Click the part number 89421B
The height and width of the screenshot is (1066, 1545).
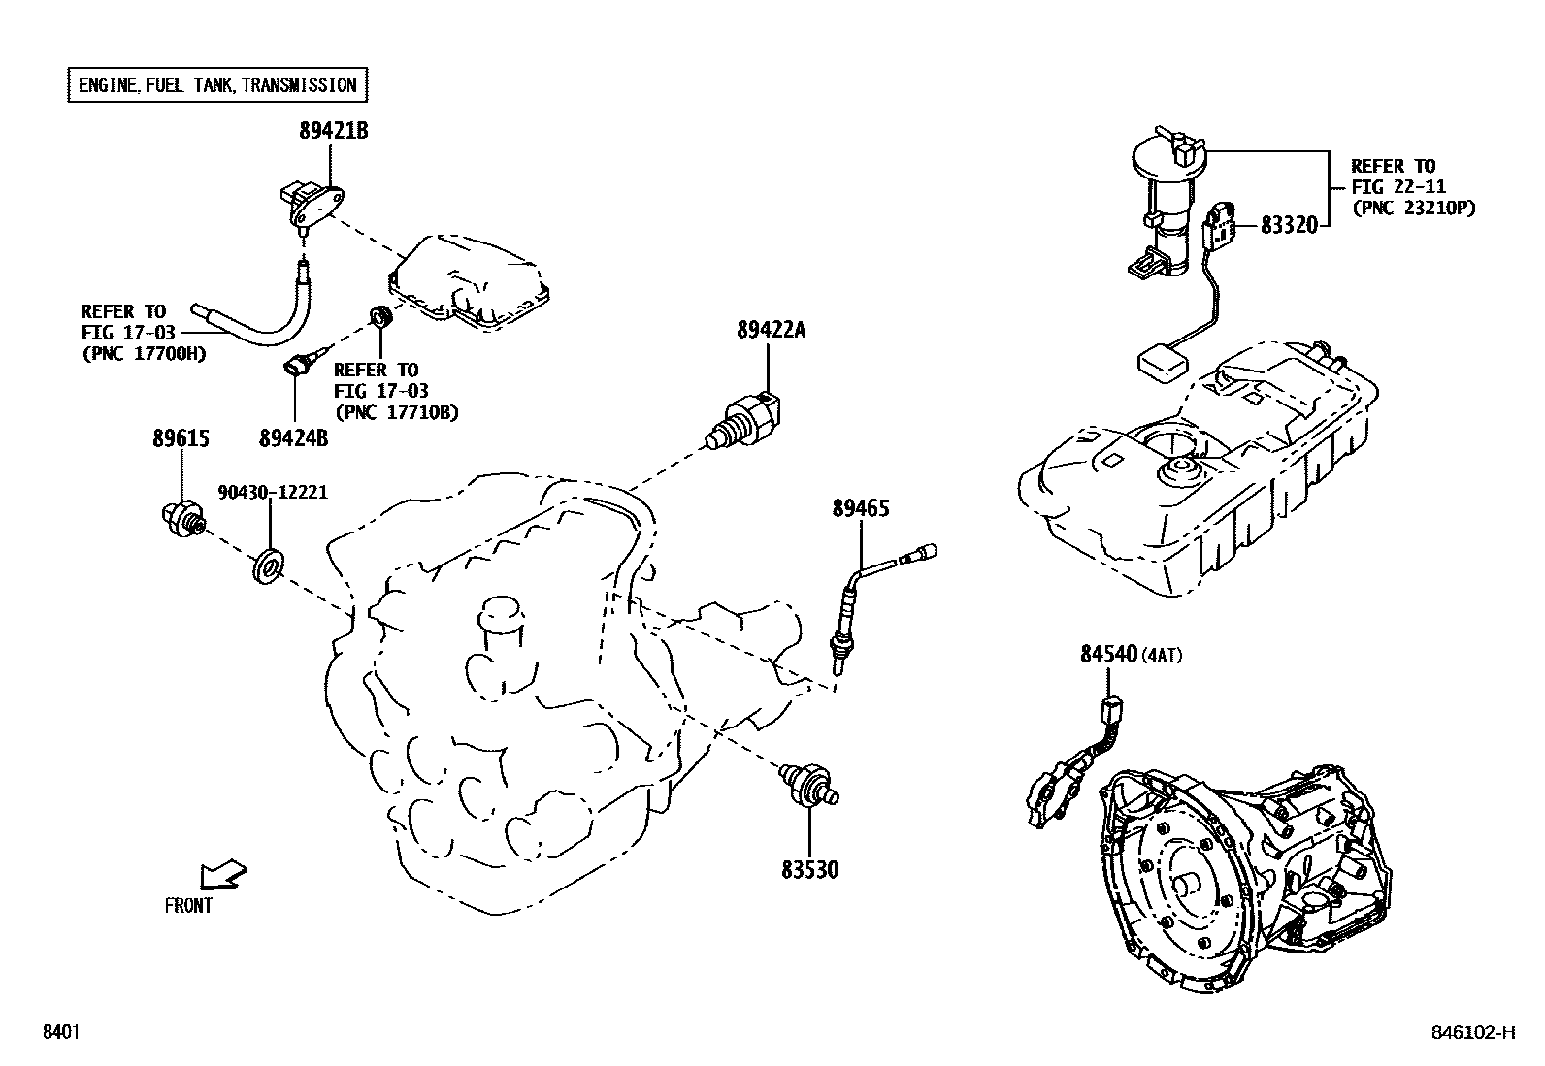pos(333,131)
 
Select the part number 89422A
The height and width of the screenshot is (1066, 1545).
pos(771,331)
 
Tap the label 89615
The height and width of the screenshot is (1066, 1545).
pos(181,438)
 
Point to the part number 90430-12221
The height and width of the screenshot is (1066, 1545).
pos(273,493)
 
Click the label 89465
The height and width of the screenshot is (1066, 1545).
pos(860,508)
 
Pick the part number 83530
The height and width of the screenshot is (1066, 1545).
pos(809,870)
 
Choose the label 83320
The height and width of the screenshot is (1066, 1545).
pos(1289,225)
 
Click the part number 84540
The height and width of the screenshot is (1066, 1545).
pos(1108,655)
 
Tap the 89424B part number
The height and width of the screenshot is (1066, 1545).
pos(293,438)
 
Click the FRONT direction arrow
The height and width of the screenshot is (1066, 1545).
pos(222,875)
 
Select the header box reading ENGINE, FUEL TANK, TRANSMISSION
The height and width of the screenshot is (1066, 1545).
pos(217,85)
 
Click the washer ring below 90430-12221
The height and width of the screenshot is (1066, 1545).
pos(268,568)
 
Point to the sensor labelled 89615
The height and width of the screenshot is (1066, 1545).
pos(182,515)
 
